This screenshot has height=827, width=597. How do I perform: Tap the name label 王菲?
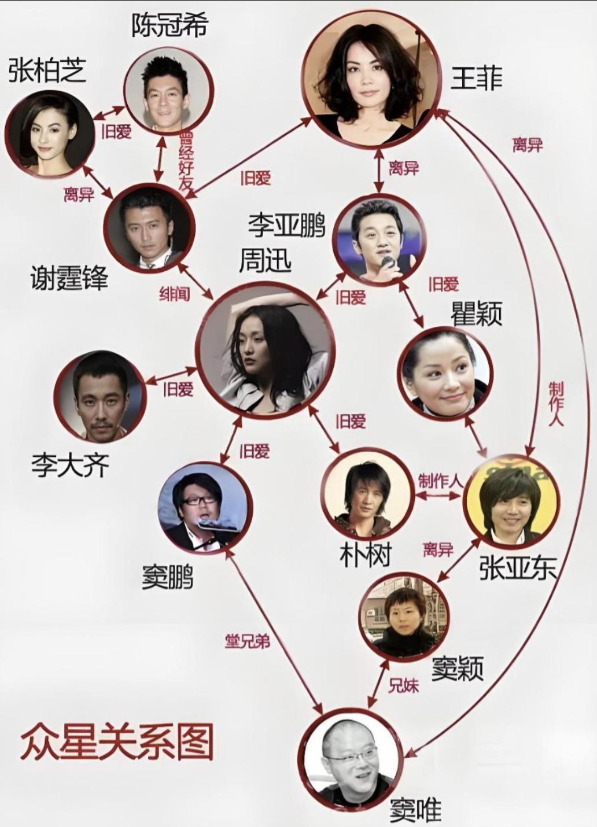476,78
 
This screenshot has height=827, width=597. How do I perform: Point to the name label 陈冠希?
169,25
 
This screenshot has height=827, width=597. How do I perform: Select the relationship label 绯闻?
175,294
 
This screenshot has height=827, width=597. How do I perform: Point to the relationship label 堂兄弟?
247,641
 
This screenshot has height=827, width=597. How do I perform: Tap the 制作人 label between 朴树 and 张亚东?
441,481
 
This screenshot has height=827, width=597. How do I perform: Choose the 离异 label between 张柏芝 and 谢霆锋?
79,195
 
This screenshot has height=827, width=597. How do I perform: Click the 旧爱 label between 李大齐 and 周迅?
178,389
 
